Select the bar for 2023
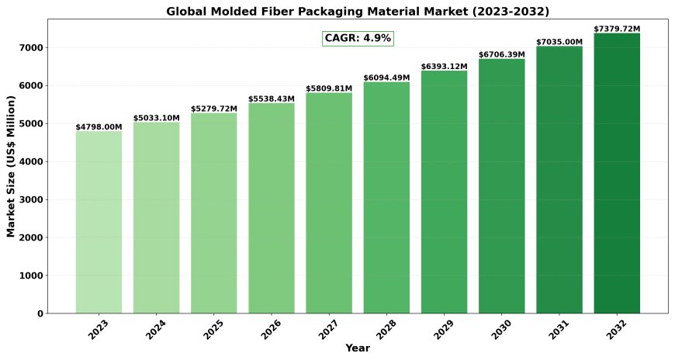(x=99, y=222)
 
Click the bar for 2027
(x=329, y=202)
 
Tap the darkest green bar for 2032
(x=617, y=173)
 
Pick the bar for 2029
(x=444, y=192)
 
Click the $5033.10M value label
(x=156, y=118)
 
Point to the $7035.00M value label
(x=559, y=42)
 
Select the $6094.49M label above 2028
(x=386, y=78)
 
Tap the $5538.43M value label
(x=272, y=99)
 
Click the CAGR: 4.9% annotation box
(x=358, y=38)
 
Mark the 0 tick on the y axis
(x=40, y=313)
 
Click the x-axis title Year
(x=358, y=348)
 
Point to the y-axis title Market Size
(x=11, y=166)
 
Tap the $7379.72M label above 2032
(x=617, y=29)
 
